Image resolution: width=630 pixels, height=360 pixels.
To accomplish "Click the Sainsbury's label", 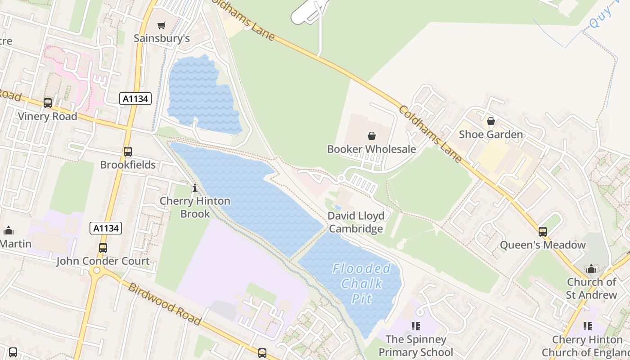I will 162,39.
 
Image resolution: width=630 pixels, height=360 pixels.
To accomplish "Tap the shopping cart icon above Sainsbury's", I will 162,25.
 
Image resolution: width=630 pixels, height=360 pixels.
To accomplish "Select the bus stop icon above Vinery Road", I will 48,103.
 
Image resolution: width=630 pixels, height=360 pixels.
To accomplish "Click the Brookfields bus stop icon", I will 128,151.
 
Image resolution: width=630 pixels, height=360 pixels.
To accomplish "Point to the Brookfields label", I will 128,165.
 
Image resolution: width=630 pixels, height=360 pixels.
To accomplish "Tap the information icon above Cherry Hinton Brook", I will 195,188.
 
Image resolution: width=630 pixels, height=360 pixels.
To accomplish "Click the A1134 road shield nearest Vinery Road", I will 135,99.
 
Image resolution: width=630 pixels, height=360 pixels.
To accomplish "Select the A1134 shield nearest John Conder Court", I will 106,228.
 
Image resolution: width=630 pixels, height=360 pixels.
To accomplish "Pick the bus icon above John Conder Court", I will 103,247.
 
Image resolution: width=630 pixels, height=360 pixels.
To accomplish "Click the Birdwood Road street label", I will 164,304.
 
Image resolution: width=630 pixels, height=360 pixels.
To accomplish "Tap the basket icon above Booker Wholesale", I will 372,135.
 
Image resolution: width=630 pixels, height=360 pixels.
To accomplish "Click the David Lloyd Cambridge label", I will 356,222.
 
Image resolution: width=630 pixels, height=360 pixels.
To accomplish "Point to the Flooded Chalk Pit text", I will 361,283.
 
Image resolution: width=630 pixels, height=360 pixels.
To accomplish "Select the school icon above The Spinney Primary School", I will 415,326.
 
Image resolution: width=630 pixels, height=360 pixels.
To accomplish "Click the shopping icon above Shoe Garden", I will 491,121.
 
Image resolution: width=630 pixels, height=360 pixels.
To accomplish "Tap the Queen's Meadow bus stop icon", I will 543,232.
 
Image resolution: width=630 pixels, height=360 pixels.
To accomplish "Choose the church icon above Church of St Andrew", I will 591,269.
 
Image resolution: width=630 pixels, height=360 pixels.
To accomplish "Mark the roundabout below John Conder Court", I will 95,271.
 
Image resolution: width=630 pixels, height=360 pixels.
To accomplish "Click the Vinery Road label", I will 48,116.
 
